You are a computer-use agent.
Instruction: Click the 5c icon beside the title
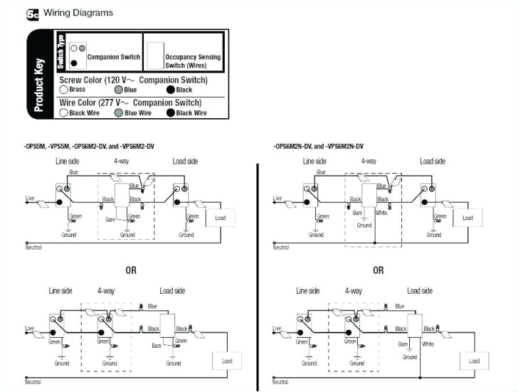coord(32,14)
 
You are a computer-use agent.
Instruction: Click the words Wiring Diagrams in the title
coord(78,14)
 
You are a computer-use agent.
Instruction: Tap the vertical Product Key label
coord(41,75)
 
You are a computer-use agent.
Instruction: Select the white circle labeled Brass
coord(63,90)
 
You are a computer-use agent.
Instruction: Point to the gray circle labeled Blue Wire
coord(118,112)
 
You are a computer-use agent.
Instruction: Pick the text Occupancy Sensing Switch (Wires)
coord(193,60)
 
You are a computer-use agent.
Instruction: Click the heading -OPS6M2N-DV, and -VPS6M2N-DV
coord(323,146)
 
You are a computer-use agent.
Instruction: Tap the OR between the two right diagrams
coord(378,270)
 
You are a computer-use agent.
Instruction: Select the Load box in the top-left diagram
coord(220,218)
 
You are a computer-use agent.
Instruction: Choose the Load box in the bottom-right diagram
coord(474,361)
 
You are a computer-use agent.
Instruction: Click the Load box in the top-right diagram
coord(467,218)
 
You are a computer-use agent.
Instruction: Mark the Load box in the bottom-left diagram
coord(227,361)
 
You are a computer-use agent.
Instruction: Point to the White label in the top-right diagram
coord(381,212)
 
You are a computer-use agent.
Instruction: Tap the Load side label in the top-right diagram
coord(432,161)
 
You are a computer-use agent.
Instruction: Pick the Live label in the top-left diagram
coord(31,197)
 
